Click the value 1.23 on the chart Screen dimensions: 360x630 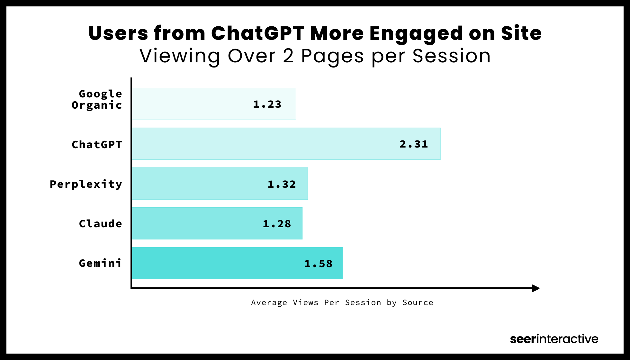coord(267,104)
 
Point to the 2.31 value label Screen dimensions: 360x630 coord(414,144)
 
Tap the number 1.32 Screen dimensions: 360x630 coord(282,184)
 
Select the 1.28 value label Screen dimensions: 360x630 coord(277,224)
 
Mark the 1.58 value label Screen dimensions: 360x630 coord(318,264)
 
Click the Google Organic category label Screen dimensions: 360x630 coord(97,99)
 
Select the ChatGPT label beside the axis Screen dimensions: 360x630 coord(97,145)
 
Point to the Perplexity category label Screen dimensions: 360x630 coord(86,184)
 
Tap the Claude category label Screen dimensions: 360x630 coord(100,224)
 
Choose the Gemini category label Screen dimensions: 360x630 coord(100,263)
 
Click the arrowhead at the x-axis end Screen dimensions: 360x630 coord(535,288)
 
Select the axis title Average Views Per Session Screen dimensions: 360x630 coord(342,302)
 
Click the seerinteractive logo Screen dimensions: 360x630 coord(554,339)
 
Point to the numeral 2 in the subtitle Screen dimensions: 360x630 coord(288,56)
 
